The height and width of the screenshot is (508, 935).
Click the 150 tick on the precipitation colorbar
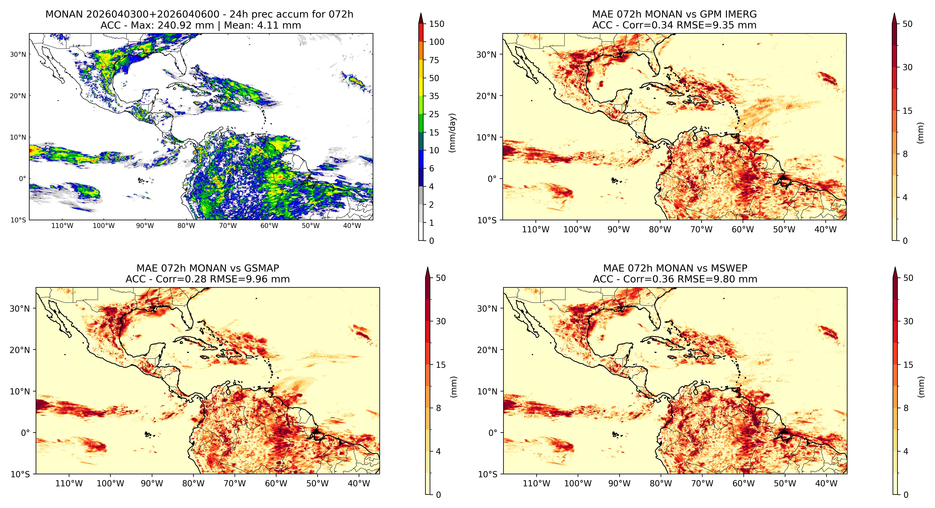tap(437, 24)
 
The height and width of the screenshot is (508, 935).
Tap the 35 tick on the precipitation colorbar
tap(434, 96)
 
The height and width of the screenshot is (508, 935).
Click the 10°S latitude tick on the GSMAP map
tap(20, 474)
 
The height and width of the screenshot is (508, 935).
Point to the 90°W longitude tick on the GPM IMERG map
tap(618, 230)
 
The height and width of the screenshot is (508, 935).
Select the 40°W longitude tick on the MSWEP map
tap(826, 484)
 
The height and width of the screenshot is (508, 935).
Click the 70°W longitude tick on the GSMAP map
tap(235, 484)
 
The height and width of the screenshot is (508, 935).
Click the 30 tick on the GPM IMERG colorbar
tap(907, 67)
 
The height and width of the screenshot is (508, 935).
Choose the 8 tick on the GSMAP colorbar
tap(439, 408)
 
